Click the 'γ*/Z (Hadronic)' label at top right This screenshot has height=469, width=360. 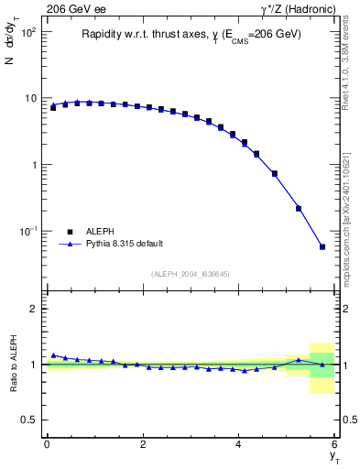point(299,9)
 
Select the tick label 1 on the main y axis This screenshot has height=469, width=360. point(33,165)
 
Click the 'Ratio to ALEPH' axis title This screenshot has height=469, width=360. point(13,364)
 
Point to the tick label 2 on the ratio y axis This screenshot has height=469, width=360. point(34,309)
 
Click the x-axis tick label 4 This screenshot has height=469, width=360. point(239,444)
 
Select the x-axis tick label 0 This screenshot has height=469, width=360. point(47,444)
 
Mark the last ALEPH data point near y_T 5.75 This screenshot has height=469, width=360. point(322,246)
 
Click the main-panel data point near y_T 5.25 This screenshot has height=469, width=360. point(298,208)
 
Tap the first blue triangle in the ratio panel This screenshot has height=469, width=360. point(53,354)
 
